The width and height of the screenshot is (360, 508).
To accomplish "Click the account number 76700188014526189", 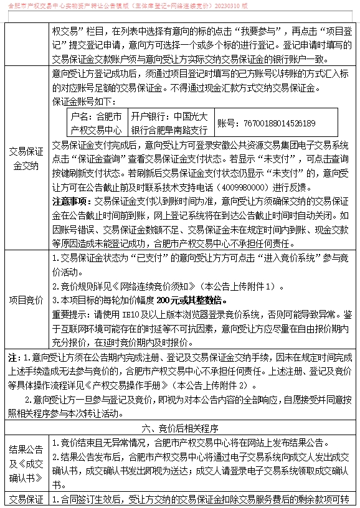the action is [x=266, y=123].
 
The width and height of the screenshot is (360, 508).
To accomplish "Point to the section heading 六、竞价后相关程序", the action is [x=179, y=428].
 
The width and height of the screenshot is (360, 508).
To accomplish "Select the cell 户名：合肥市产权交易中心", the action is [x=96, y=123].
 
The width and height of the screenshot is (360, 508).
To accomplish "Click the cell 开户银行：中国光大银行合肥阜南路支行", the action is [x=169, y=123].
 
